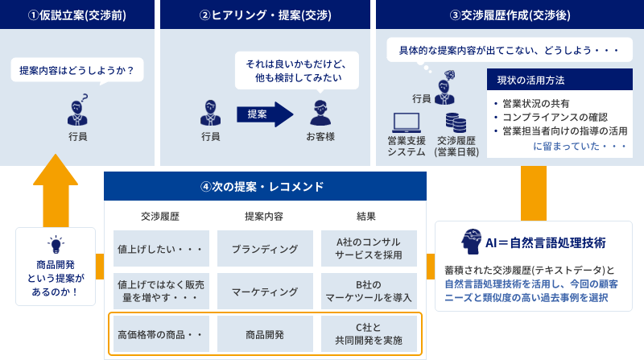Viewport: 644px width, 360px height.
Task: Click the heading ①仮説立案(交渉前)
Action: click(77, 14)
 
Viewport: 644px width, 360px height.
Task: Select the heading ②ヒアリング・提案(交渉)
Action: click(265, 14)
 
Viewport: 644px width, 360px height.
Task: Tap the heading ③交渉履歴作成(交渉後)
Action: click(510, 14)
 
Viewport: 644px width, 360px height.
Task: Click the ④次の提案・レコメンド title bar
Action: click(264, 187)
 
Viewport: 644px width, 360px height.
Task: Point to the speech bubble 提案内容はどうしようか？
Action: click(77, 70)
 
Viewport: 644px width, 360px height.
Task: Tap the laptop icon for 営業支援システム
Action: click(407, 122)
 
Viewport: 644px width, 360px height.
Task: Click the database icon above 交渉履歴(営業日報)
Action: click(456, 122)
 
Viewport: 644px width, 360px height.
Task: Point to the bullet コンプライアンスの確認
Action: click(554, 117)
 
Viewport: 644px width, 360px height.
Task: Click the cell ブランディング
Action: click(265, 249)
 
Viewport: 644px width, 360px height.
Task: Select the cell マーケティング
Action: click(265, 291)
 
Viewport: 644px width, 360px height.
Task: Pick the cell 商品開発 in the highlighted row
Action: click(265, 333)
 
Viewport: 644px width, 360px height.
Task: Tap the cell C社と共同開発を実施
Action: click(369, 333)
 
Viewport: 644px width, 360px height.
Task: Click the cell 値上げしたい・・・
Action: click(161, 249)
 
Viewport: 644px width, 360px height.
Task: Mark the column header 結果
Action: click(366, 216)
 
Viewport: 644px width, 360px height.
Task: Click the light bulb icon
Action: click(56, 244)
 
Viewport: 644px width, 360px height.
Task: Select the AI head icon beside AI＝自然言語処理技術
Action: click(472, 242)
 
